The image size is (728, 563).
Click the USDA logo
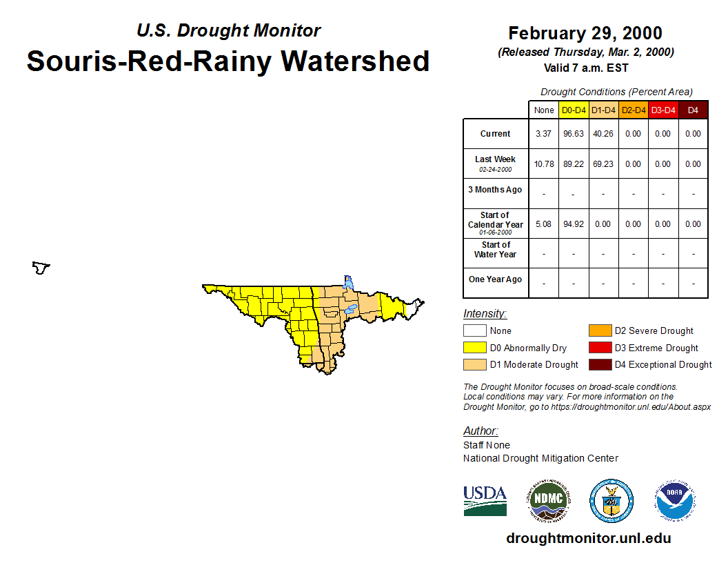coord(485,501)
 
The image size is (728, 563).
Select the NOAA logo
coord(675,501)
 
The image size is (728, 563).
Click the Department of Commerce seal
coord(611,501)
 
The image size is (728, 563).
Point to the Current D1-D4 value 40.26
coord(603,134)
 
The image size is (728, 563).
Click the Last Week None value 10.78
coord(544,164)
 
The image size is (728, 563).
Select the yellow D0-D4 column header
coord(574,110)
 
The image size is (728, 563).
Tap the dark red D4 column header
coord(693,110)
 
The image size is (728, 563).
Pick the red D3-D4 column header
coord(663,110)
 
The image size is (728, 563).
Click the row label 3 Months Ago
coord(495,190)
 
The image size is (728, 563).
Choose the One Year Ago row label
coord(496,279)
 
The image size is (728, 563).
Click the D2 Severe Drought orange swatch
coord(600,330)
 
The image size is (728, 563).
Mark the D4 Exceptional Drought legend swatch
coord(600,365)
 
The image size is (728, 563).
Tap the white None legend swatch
coord(474,330)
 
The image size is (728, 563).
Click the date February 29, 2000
coord(585,33)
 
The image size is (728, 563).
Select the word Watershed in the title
coord(355,61)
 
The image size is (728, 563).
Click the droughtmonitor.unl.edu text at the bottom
coord(589,538)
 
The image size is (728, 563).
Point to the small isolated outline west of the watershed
coord(41,268)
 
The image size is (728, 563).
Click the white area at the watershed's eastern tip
coord(413,308)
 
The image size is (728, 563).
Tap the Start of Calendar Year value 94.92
coord(574,224)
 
